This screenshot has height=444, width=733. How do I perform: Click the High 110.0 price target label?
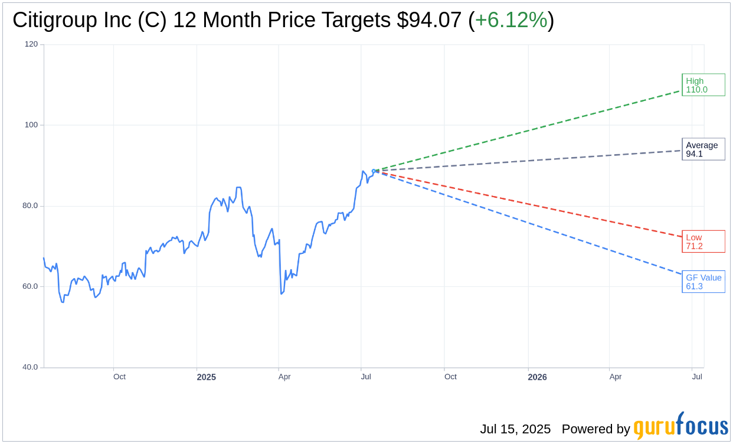(703, 85)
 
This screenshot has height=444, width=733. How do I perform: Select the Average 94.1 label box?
(703, 149)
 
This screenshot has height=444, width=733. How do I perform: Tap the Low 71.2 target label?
(703, 241)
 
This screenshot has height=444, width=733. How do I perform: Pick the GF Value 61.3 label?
(703, 282)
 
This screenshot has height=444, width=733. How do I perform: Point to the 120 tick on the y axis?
(31, 44)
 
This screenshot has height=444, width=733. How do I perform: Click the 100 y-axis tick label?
(31, 125)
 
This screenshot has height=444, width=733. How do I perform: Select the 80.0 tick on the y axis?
(30, 206)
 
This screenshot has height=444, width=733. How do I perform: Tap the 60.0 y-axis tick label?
(30, 286)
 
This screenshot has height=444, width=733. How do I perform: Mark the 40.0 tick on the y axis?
(30, 367)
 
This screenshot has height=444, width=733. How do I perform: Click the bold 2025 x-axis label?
(206, 377)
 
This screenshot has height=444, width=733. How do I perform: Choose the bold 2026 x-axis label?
(537, 377)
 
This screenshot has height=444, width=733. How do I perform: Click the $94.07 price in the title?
(429, 20)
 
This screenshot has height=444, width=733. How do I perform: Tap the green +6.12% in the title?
(511, 20)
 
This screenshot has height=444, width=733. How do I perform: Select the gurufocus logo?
(680, 426)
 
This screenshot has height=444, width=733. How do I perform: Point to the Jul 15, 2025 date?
(515, 429)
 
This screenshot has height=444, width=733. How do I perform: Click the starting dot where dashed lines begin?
(374, 171)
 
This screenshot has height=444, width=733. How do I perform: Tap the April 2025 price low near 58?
(282, 293)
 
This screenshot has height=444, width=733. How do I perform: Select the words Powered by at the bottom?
(595, 429)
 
